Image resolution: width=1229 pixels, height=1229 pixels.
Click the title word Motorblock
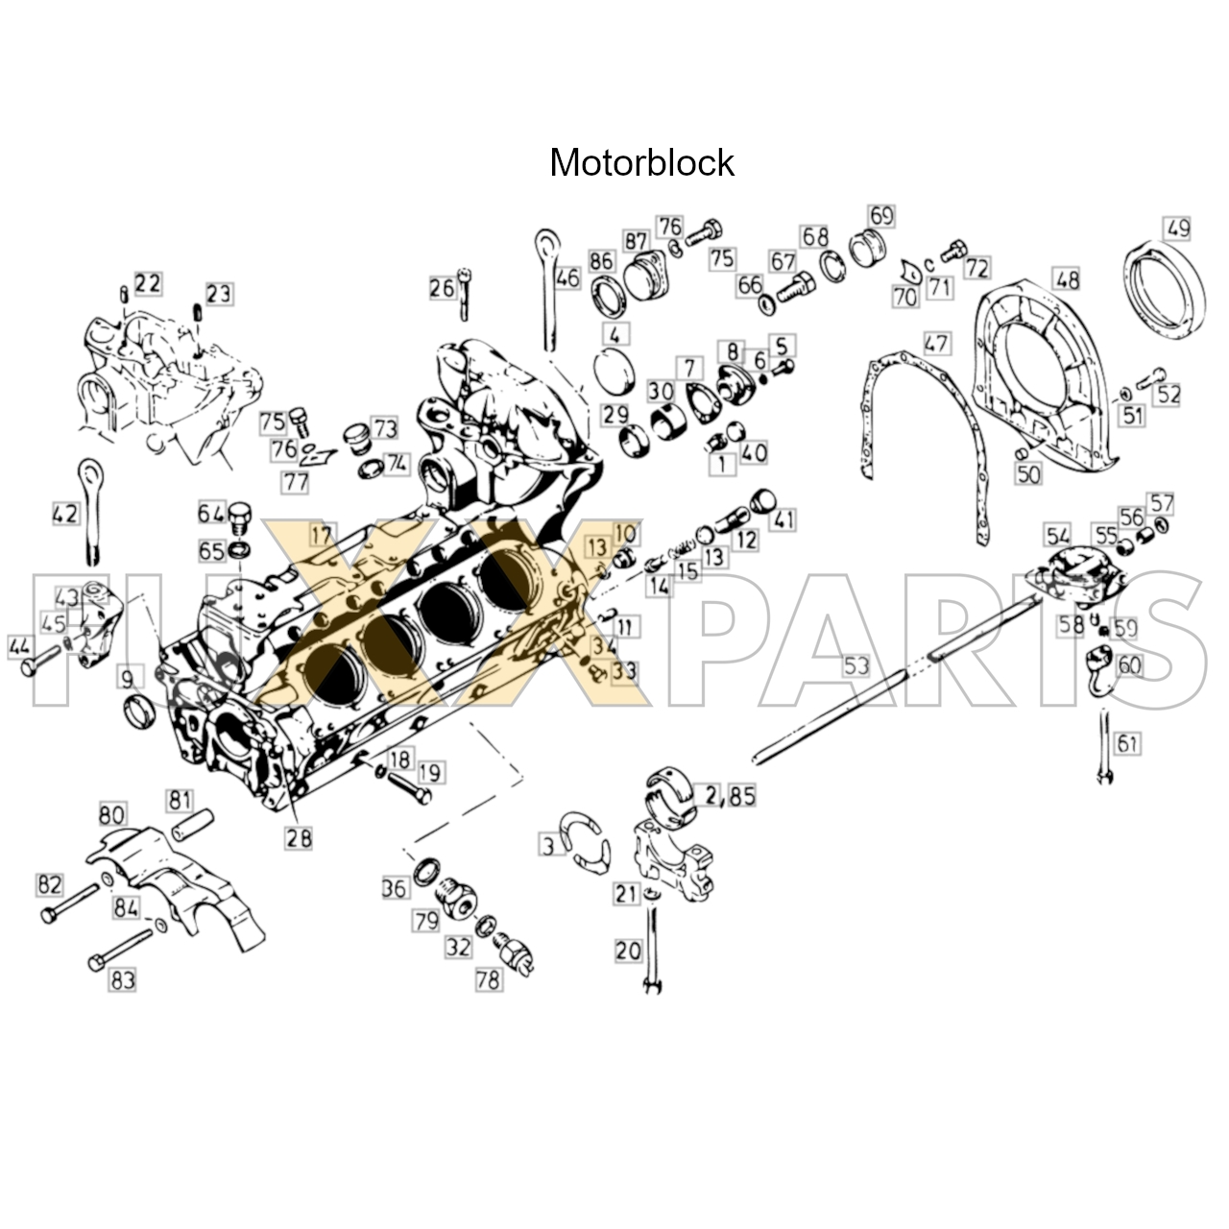pos(641,163)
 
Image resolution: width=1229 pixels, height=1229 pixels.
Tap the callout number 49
pos(1177,229)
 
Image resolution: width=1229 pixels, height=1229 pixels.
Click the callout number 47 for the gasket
pos(936,343)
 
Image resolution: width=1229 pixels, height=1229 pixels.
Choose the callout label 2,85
pos(731,795)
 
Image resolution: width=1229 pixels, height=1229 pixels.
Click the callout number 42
pos(65,514)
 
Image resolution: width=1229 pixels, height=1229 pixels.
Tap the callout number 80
pos(111,815)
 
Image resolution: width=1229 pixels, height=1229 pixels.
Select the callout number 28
pos(299,837)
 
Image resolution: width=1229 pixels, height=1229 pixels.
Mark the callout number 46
pos(567,277)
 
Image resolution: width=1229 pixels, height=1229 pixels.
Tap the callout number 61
pos(1127,742)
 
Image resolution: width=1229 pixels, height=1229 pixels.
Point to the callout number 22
pos(148,282)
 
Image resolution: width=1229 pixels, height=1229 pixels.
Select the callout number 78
pos(489,980)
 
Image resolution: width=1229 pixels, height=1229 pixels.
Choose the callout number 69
pos(880,215)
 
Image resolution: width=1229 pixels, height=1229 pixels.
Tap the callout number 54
pos(1058,535)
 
